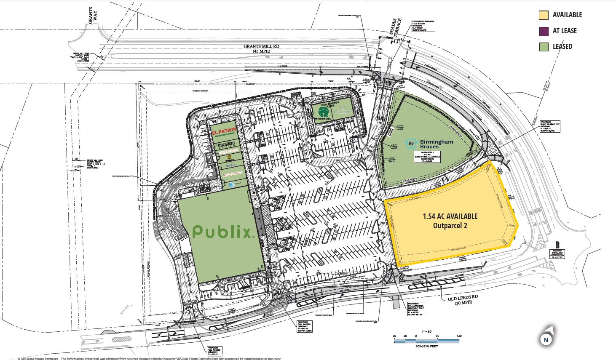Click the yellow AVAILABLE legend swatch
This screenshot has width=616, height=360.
[544, 15]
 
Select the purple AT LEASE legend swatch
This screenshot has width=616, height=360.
[544, 31]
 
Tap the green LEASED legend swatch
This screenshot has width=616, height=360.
[544, 47]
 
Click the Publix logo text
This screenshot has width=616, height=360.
[223, 232]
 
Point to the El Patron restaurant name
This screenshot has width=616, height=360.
[225, 131]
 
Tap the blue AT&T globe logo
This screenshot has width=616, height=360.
[231, 185]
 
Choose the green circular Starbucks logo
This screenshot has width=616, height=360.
[324, 112]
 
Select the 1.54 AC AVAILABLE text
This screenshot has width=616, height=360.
[450, 216]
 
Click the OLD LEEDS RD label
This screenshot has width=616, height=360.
[463, 296]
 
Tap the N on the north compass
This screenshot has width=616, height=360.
[545, 339]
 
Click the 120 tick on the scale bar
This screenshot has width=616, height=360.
[459, 336]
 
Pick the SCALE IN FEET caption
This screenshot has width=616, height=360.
[426, 346]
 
